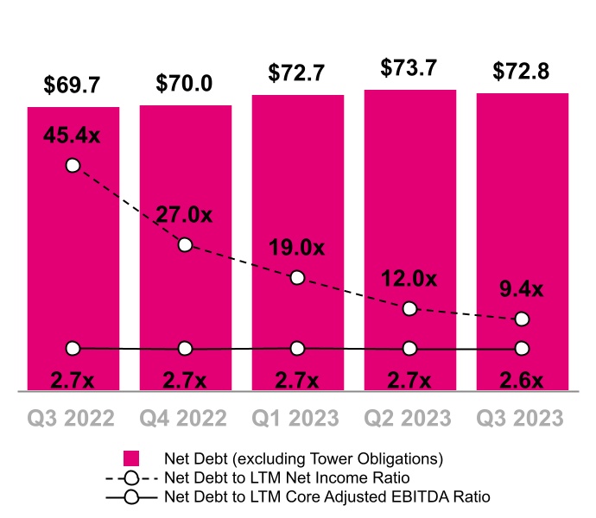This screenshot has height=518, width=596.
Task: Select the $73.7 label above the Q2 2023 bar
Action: [409, 68]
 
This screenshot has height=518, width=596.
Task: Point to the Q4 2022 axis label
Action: [185, 418]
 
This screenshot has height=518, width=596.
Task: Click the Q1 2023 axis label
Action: [297, 418]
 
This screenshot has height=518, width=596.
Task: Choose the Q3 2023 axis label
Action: [522, 418]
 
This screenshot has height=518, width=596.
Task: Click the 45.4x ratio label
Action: [73, 135]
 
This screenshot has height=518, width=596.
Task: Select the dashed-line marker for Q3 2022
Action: [73, 165]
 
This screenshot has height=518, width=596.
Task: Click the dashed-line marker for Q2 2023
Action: [409, 308]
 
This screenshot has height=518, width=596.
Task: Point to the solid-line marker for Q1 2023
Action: [297, 348]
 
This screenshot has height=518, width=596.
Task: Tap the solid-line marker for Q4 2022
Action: [185, 349]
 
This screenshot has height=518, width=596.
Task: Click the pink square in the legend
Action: [131, 458]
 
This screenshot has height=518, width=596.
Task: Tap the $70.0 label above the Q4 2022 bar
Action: [185, 83]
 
